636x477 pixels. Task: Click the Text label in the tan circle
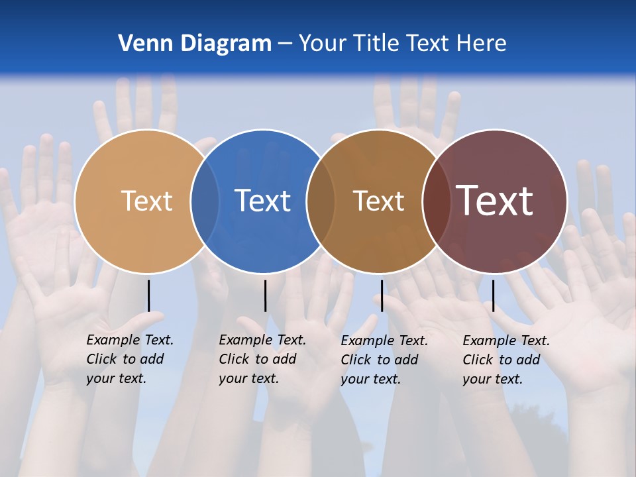pyautogui.click(x=146, y=201)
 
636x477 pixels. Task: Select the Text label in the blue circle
pyautogui.click(x=263, y=201)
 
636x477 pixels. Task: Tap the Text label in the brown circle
pyautogui.click(x=378, y=201)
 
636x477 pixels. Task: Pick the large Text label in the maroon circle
pyautogui.click(x=494, y=201)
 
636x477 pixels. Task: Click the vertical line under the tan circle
pyautogui.click(x=148, y=295)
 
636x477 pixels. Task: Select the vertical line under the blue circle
pyautogui.click(x=265, y=295)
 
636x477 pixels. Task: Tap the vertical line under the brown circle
pyautogui.click(x=382, y=295)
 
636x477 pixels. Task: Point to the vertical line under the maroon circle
pyautogui.click(x=493, y=295)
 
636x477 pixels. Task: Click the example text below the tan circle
pyautogui.click(x=130, y=359)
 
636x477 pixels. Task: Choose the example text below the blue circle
pyautogui.click(x=262, y=359)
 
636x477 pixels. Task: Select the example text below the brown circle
pyautogui.click(x=384, y=360)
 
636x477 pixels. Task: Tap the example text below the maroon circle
pyautogui.click(x=506, y=360)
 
